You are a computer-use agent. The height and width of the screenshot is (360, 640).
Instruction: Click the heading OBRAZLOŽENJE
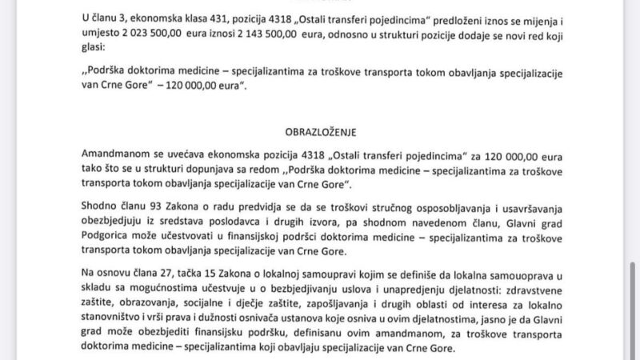[319, 130]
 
